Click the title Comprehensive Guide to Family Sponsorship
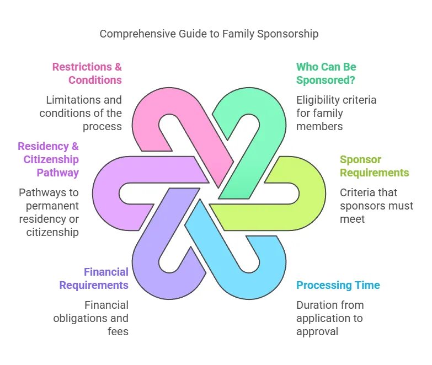(x=209, y=34)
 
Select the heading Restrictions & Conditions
(x=87, y=73)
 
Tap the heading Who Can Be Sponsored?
(x=326, y=73)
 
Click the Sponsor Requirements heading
(x=374, y=166)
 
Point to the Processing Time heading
(x=338, y=285)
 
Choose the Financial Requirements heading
(x=94, y=278)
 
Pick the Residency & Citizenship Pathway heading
(x=48, y=159)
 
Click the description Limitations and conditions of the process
(x=83, y=113)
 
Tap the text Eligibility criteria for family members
(x=336, y=113)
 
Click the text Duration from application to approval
(x=330, y=318)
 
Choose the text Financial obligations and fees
(x=90, y=318)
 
